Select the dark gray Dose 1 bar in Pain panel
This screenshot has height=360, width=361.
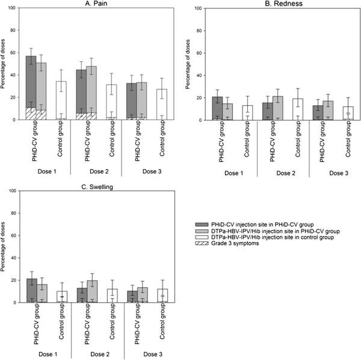[31, 84]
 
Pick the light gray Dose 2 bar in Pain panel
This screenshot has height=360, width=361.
[91, 90]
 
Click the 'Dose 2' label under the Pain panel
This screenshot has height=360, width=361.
[96, 169]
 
